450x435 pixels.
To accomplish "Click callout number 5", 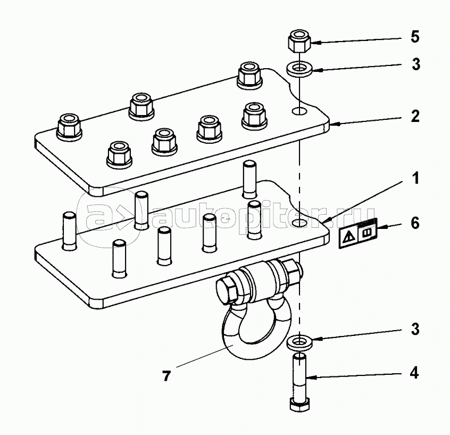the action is (x=415, y=37).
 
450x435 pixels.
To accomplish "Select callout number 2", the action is (x=415, y=117).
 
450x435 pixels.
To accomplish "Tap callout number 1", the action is (x=415, y=178).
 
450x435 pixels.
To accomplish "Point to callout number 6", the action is (x=415, y=223).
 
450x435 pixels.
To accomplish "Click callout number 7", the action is (x=166, y=376).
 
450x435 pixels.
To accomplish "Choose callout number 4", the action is (x=414, y=373).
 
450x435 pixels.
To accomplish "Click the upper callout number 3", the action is (x=416, y=64).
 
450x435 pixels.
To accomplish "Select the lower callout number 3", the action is (x=415, y=329).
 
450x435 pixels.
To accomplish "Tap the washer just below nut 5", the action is (x=299, y=70).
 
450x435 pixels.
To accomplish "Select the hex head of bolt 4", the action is (x=299, y=404).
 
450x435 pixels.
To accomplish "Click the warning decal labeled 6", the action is (x=358, y=233).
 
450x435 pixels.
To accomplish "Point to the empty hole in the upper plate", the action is (x=299, y=111).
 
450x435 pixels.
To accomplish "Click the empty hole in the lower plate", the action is (x=299, y=223).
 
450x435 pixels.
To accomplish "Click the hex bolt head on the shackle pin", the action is (x=228, y=291).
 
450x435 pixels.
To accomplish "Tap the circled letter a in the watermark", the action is (x=98, y=216).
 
